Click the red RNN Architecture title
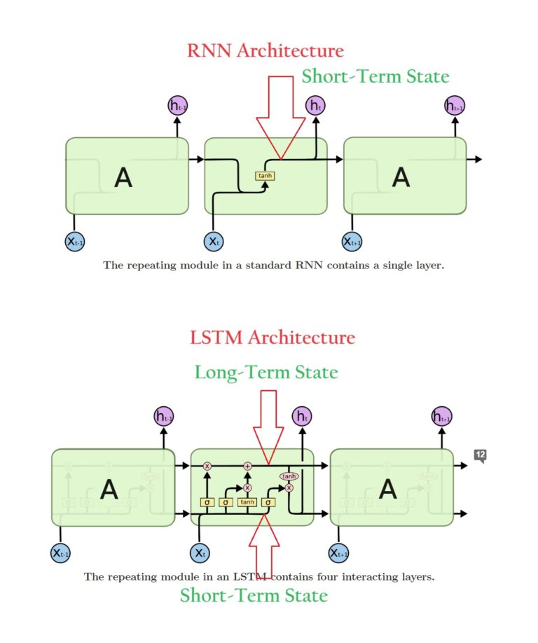pos(265,51)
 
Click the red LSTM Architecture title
pos(273,338)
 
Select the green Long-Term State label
pos(266,372)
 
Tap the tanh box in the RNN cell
pos(265,176)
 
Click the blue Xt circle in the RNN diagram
pos(214,241)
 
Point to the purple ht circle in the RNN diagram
pos(315,106)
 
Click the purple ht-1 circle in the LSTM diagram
pos(164,417)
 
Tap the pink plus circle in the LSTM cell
pos(247,466)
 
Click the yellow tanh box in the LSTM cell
pos(247,502)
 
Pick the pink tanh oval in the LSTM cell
pos(289,476)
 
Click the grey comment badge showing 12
pos(480,455)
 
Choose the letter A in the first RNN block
pos(123,178)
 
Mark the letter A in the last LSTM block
pos(389,489)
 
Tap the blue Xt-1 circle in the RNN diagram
pos(75,242)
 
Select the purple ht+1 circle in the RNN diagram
pos(455,106)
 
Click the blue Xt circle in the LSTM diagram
pos(200,553)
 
